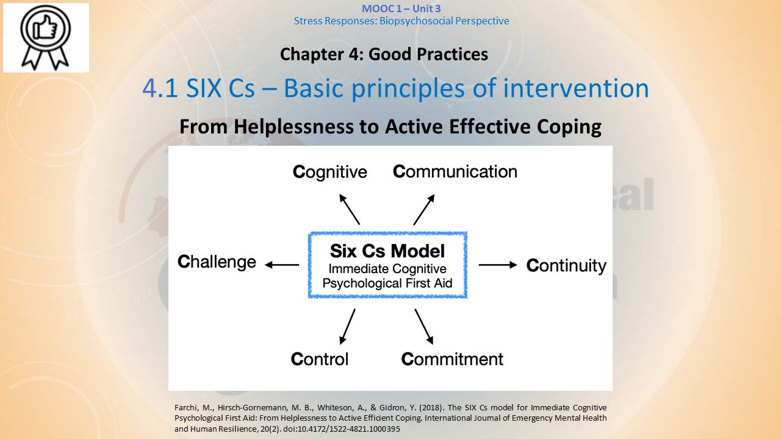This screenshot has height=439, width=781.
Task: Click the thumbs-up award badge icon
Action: click(x=46, y=37)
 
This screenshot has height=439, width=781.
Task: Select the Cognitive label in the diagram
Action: click(x=330, y=172)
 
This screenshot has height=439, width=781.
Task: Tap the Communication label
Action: click(x=455, y=171)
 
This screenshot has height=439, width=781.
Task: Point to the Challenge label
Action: click(x=217, y=262)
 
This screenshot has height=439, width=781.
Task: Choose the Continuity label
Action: click(x=566, y=265)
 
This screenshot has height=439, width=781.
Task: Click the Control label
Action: click(x=319, y=359)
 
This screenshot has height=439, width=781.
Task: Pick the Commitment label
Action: click(x=452, y=359)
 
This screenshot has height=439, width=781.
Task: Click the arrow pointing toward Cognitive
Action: click(x=350, y=209)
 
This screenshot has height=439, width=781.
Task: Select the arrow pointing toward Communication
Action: click(x=424, y=209)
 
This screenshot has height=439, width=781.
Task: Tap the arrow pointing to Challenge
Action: click(x=282, y=265)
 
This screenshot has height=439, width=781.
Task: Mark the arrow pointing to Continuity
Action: click(x=498, y=265)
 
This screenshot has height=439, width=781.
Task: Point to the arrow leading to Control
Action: click(x=348, y=326)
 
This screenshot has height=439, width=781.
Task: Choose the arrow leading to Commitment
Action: click(x=424, y=326)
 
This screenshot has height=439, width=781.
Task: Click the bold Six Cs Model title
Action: click(x=387, y=251)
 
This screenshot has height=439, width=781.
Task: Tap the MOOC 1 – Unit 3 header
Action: click(x=401, y=9)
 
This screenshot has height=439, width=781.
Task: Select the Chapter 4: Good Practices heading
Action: click(x=384, y=54)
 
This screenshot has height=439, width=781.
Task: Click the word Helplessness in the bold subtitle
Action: click(x=293, y=126)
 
